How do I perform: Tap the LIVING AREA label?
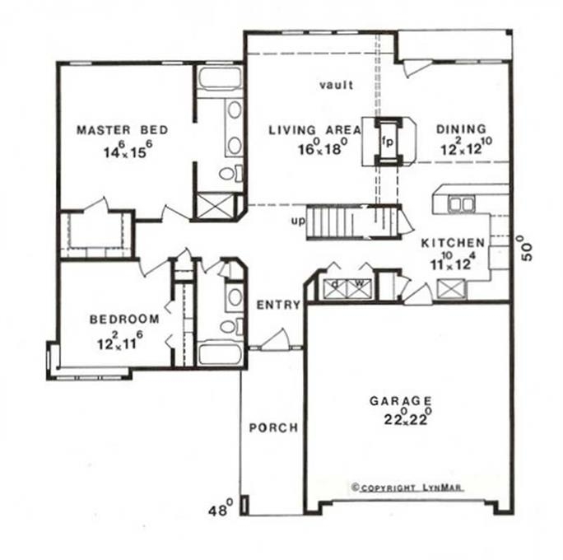(x=315, y=129)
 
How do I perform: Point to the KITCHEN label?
(x=452, y=243)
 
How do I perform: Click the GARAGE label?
(x=400, y=401)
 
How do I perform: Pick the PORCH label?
(x=272, y=428)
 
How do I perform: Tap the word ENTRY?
(x=278, y=305)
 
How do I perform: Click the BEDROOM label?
(x=123, y=319)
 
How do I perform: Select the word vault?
(x=336, y=84)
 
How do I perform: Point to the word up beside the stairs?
(x=298, y=222)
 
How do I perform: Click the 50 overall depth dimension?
(x=527, y=247)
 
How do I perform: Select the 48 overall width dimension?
(x=221, y=511)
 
